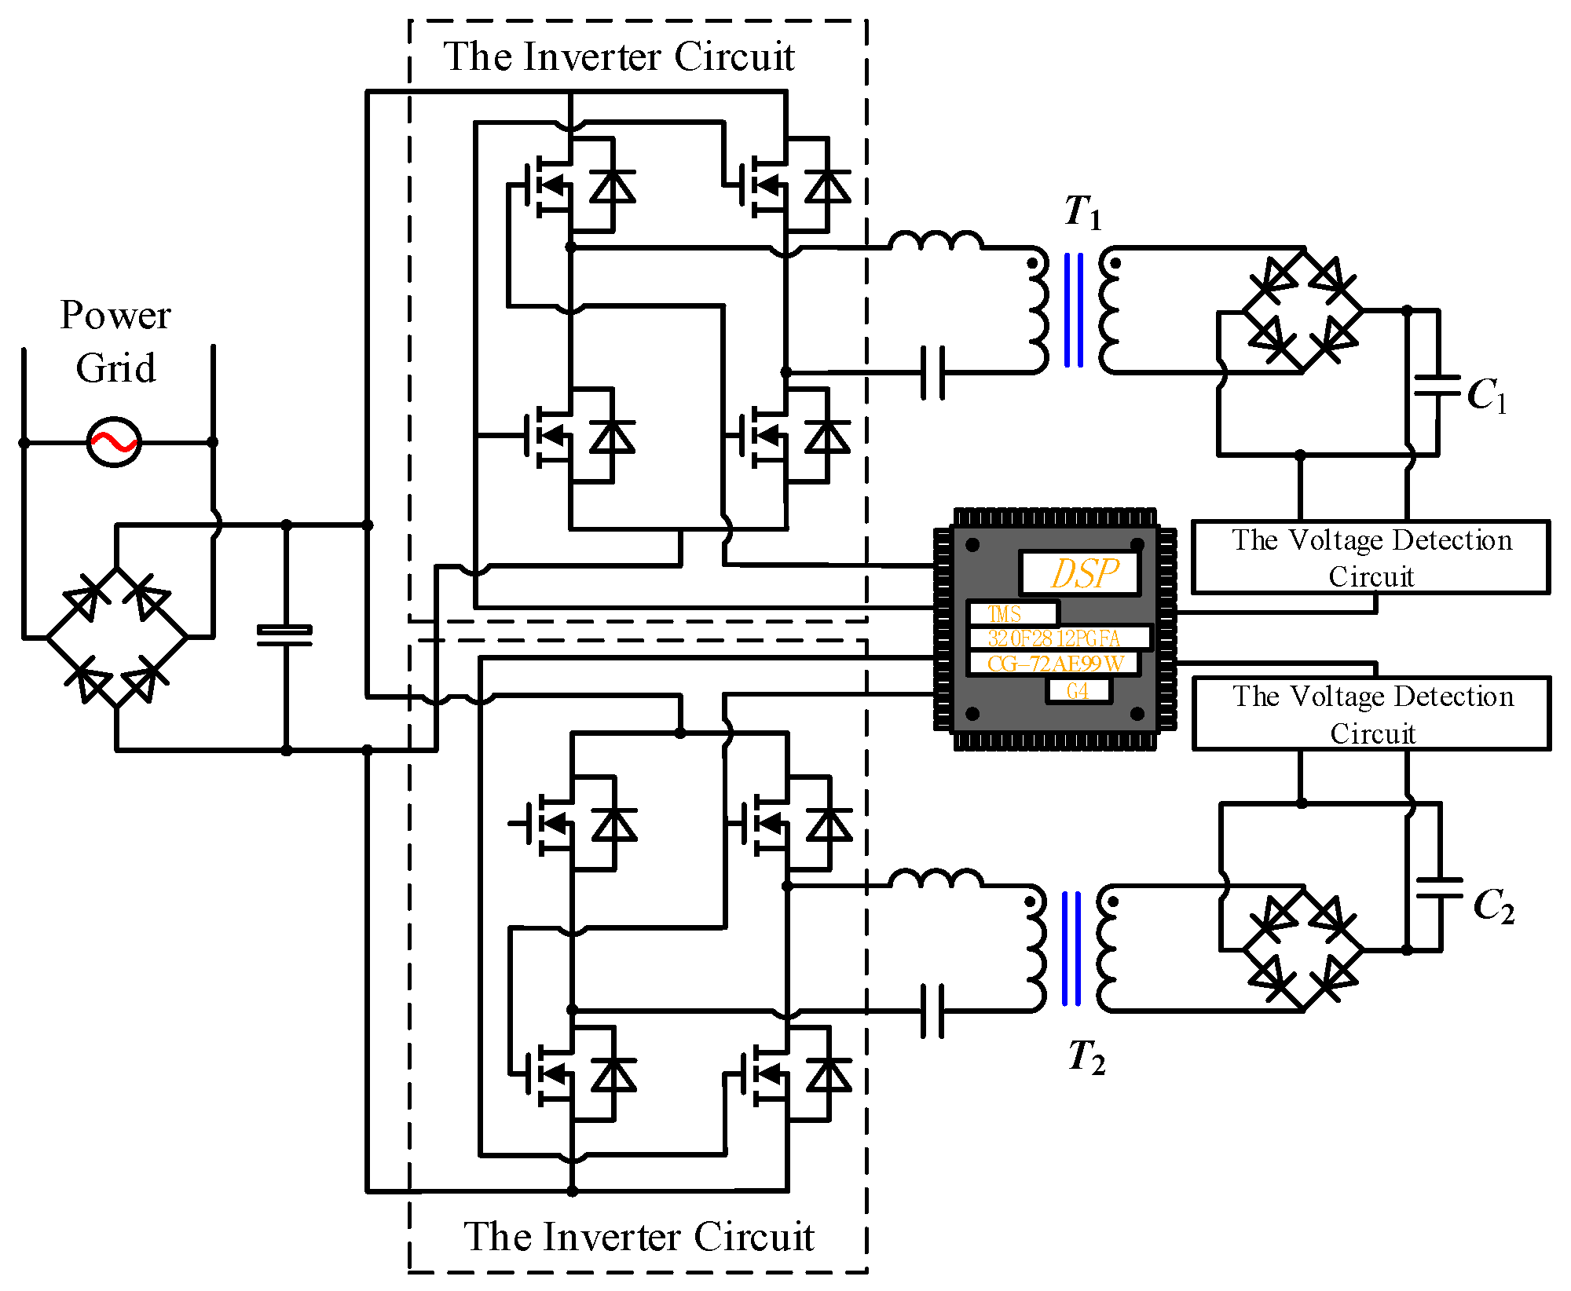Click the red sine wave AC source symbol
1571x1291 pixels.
[114, 442]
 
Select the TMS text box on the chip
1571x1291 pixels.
[1013, 613]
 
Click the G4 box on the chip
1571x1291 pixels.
[1078, 691]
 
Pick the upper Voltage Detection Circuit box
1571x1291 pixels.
[1371, 558]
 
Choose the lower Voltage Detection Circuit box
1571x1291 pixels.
[1371, 714]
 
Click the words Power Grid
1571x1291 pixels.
[115, 342]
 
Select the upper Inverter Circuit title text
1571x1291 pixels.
[619, 57]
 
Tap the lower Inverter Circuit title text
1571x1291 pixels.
[639, 1236]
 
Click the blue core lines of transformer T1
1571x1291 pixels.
[1074, 310]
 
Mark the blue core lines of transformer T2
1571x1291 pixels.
[1071, 949]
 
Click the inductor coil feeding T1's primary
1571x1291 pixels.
[936, 240]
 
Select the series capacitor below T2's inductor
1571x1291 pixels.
[932, 1011]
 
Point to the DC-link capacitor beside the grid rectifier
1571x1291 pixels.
[285, 635]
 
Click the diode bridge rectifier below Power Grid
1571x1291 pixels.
[116, 637]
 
